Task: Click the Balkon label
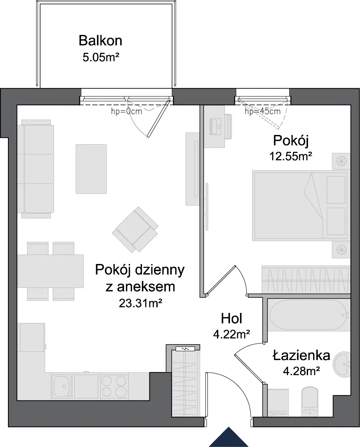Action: click(x=101, y=40)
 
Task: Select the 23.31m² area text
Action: click(x=140, y=303)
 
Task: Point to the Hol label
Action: click(x=232, y=318)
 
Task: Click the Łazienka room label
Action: click(x=302, y=355)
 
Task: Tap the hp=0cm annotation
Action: click(x=126, y=111)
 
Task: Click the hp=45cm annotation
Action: click(x=262, y=111)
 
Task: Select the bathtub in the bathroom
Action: click(x=309, y=315)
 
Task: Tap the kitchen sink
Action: click(x=61, y=386)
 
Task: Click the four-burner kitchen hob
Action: click(x=114, y=386)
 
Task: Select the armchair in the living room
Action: click(x=135, y=229)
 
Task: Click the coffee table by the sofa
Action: click(x=91, y=169)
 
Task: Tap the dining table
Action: click(x=50, y=271)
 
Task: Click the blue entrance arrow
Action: click(x=228, y=437)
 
